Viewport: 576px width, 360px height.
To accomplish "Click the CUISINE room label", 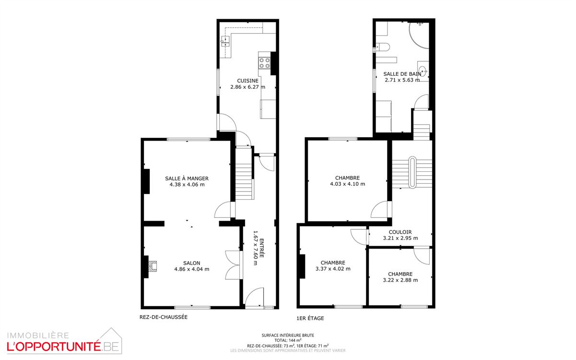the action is (x=247, y=81).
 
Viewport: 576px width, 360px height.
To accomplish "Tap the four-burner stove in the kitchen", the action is (x=265, y=63).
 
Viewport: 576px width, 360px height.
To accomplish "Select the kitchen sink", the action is (x=225, y=41).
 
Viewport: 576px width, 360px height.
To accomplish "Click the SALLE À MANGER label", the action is (x=187, y=179).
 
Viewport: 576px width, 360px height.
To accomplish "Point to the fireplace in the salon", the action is (x=153, y=266).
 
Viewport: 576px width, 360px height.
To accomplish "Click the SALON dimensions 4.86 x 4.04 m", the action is (x=191, y=269).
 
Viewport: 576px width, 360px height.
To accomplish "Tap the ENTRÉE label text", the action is (x=261, y=248).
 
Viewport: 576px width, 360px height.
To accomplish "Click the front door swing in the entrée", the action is (x=254, y=297).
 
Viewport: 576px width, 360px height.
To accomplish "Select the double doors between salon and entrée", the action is (x=234, y=265).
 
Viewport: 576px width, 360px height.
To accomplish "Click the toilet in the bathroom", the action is (x=383, y=47).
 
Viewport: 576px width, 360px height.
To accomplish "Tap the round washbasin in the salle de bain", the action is (x=423, y=71).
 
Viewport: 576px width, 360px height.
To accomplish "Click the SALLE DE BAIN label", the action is (x=402, y=74).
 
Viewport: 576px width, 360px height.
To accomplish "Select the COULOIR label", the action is (x=400, y=232).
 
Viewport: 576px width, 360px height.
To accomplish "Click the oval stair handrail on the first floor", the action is (x=412, y=172).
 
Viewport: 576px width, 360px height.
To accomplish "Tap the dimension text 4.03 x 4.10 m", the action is (x=347, y=184).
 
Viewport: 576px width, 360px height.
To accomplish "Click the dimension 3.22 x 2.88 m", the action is (x=400, y=280).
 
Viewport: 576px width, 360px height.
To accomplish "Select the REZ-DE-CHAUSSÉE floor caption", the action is (x=164, y=317).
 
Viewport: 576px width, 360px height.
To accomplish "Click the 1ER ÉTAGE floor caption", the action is (x=310, y=318).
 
